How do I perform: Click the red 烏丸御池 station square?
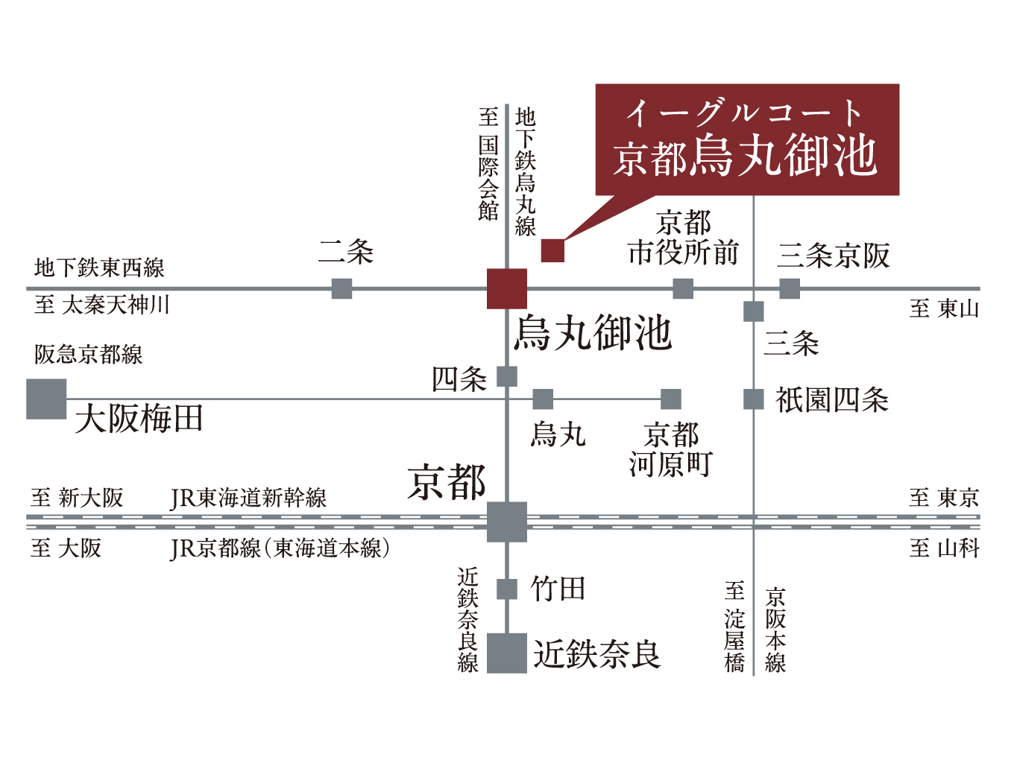[x=507, y=288]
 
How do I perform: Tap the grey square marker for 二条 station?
[x=341, y=288]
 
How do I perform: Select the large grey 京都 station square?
[x=507, y=522]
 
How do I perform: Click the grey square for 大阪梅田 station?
[x=46, y=399]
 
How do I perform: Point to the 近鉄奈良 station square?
[x=507, y=653]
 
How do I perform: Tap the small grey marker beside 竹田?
[x=507, y=589]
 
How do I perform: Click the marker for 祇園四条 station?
[x=754, y=399]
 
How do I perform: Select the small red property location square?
[x=552, y=250]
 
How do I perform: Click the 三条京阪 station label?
[x=834, y=255]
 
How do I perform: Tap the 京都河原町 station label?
[x=671, y=449]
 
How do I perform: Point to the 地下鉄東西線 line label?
[x=99, y=267]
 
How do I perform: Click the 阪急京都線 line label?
[x=88, y=355]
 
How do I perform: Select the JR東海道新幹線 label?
[x=248, y=498]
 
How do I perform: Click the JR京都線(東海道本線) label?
[x=280, y=548]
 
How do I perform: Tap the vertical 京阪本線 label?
[x=775, y=630]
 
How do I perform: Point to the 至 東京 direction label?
[x=944, y=498]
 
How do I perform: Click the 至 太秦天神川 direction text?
[x=102, y=305]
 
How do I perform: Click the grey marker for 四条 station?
[x=507, y=376]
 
